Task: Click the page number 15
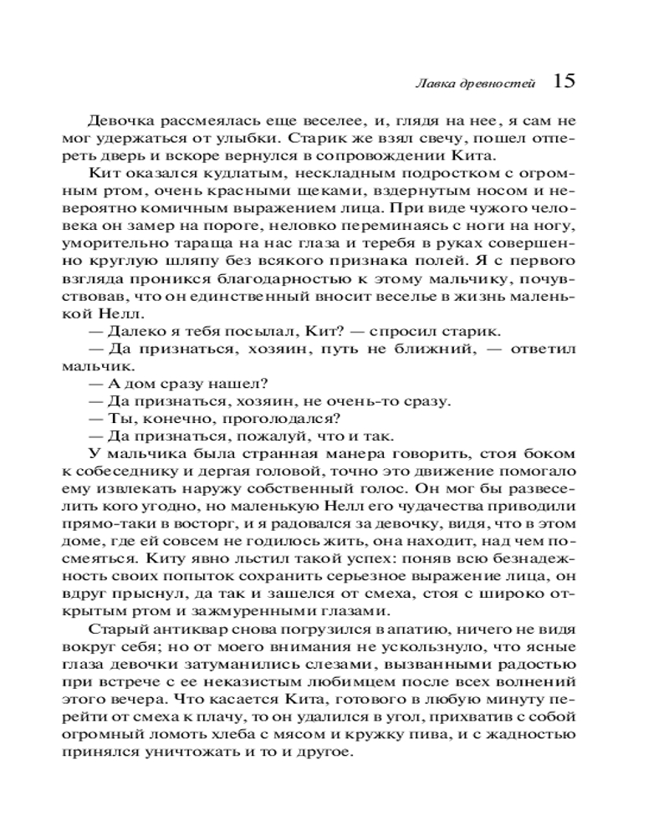click(x=563, y=81)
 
